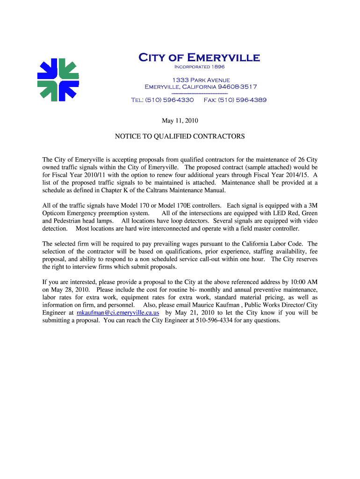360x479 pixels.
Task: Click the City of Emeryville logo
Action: point(58,80)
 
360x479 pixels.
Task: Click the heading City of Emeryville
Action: point(199,58)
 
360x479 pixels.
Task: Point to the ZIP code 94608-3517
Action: point(238,87)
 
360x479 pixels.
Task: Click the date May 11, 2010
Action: point(180,121)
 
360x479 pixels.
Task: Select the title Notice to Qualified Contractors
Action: point(180,137)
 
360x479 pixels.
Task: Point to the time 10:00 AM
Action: point(304,282)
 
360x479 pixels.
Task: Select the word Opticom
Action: point(55,213)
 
